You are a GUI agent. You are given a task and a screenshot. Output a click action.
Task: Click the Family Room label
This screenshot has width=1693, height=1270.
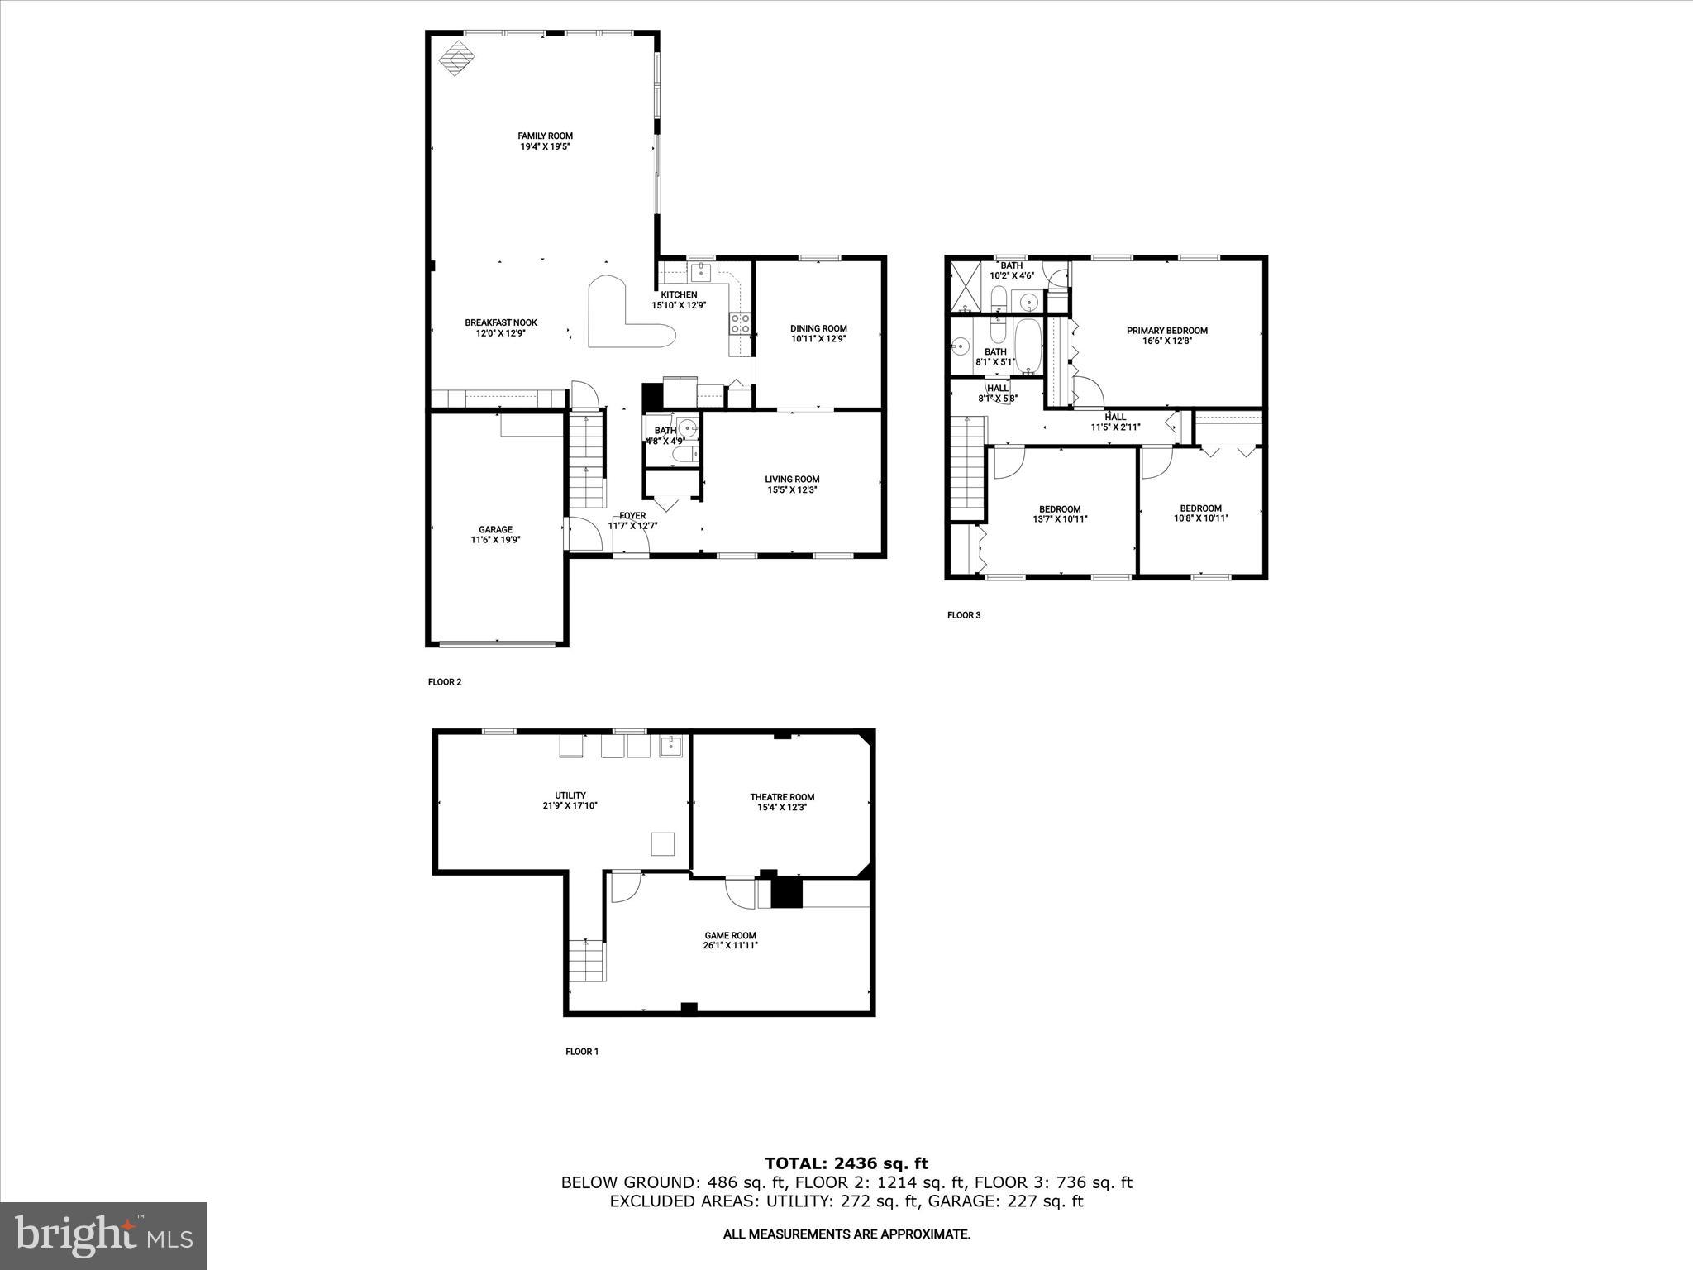tap(545, 136)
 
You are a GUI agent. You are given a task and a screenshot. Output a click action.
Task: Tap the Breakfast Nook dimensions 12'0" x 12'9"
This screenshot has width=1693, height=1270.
tap(500, 334)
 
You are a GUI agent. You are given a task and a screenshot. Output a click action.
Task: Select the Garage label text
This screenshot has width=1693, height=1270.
tap(495, 530)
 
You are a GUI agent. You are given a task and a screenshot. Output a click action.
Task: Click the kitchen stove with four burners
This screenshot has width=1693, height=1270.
tap(741, 323)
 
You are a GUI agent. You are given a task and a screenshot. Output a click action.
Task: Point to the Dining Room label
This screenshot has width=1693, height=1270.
tap(818, 328)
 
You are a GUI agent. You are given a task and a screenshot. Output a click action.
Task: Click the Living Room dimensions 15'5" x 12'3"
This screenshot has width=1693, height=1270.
tap(792, 489)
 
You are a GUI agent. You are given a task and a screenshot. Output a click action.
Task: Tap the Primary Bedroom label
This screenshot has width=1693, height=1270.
tap(1166, 331)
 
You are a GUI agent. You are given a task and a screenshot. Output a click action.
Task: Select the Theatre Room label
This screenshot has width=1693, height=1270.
tap(782, 797)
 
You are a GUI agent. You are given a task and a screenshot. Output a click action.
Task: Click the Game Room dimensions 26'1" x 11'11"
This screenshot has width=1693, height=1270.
tap(731, 945)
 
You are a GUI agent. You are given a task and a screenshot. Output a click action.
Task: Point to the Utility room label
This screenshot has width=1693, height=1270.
tap(570, 795)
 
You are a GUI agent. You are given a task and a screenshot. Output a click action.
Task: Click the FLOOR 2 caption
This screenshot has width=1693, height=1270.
tap(445, 682)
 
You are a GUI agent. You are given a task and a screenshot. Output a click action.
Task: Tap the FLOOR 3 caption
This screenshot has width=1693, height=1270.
tap(964, 615)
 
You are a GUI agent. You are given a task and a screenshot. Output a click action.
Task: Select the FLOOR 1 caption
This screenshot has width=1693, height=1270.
tap(582, 1052)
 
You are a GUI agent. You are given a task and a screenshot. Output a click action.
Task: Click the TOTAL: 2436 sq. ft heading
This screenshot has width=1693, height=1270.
tap(846, 1164)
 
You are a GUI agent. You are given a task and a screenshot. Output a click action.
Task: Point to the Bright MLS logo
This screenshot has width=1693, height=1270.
tap(103, 1235)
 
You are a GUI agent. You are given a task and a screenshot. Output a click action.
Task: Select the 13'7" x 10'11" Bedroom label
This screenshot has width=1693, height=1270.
tap(1060, 509)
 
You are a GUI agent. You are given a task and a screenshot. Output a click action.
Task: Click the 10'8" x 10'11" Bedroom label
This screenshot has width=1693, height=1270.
tap(1200, 508)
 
